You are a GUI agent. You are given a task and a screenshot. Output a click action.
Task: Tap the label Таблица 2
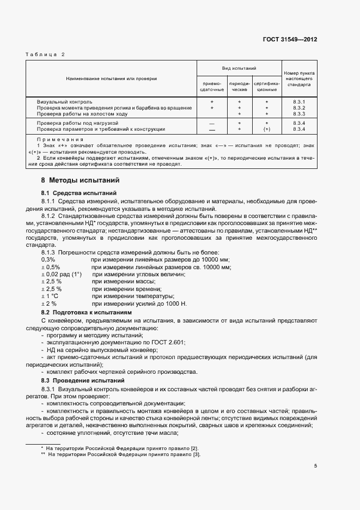pyautogui.click(x=46, y=54)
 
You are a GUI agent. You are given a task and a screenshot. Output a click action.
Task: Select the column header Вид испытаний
pyautogui.click(x=239, y=68)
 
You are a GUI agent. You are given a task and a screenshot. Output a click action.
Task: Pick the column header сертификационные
pyautogui.click(x=266, y=86)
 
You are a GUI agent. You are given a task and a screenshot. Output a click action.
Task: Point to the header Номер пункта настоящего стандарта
pyautogui.click(x=300, y=79)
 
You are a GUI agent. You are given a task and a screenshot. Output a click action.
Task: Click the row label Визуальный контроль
pyautogui.click(x=64, y=102)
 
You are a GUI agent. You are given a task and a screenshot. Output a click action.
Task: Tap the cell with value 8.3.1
pyautogui.click(x=299, y=102)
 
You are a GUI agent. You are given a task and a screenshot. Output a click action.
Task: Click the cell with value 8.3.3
pyautogui.click(x=299, y=114)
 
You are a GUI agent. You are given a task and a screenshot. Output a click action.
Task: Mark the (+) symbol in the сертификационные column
pyautogui.click(x=266, y=129)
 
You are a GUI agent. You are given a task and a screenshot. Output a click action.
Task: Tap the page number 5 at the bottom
pyautogui.click(x=315, y=466)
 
